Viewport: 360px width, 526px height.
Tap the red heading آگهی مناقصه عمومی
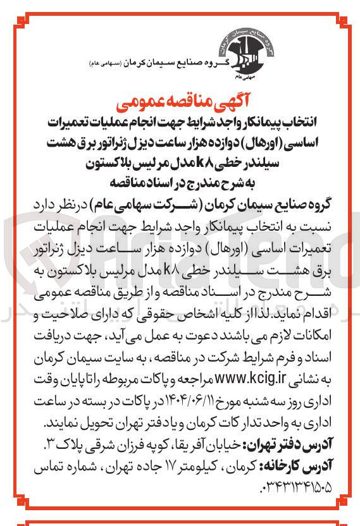pyautogui.click(x=180, y=102)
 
